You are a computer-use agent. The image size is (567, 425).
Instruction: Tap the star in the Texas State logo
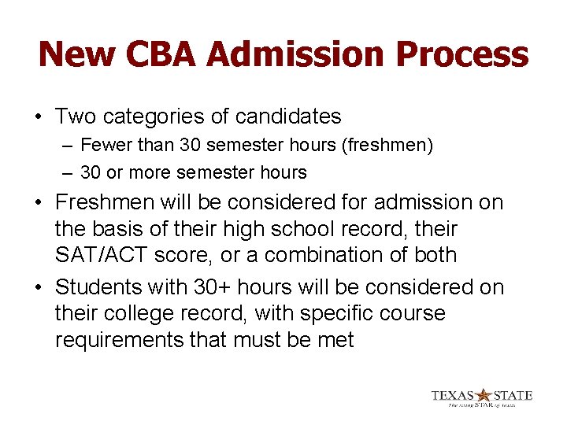pyautogui.click(x=484, y=395)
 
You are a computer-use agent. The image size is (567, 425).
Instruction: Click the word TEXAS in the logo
pyautogui.click(x=454, y=395)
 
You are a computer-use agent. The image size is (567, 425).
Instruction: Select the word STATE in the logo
pyautogui.click(x=513, y=395)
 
